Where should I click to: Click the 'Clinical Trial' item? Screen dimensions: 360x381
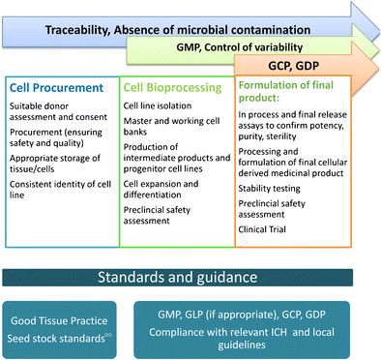tap(267, 234)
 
